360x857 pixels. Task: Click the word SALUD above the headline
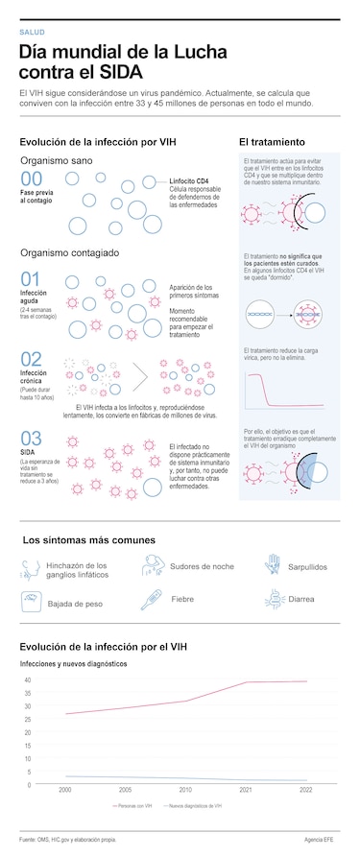[32, 33]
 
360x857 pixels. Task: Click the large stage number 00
[31, 179]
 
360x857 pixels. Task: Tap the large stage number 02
[31, 360]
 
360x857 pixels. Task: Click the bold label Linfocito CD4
[190, 180]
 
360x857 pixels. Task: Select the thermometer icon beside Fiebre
[151, 600]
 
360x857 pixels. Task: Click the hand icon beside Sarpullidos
[273, 564]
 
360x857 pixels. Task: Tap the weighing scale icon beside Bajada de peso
[31, 601]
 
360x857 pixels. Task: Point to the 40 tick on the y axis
[28, 679]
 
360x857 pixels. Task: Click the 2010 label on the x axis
[186, 789]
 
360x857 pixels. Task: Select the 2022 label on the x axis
[306, 789]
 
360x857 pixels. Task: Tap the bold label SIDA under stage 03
[28, 452]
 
